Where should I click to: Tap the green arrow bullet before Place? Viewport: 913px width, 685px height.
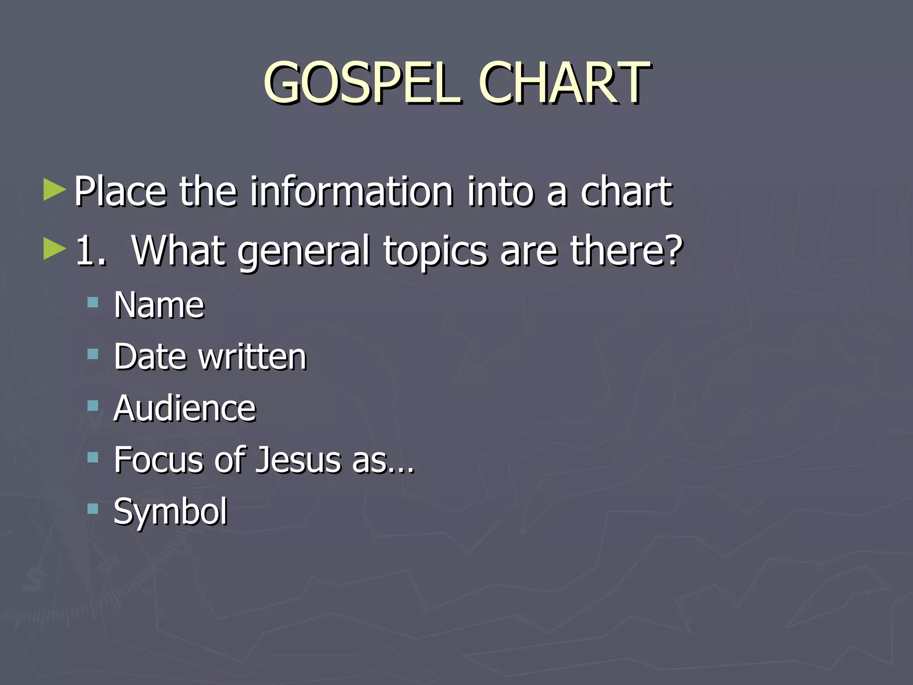[x=54, y=190]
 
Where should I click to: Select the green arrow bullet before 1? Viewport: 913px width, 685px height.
[x=54, y=249]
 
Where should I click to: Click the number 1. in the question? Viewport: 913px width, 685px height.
[x=91, y=251]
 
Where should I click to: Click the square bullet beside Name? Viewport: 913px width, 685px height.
[x=93, y=303]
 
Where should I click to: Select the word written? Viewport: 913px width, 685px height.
[x=252, y=357]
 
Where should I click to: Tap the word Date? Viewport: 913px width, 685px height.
[x=150, y=357]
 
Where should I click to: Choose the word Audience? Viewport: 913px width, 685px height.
[x=185, y=409]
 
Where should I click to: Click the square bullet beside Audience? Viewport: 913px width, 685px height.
[x=93, y=406]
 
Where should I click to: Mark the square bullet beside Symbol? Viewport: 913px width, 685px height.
[x=93, y=509]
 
